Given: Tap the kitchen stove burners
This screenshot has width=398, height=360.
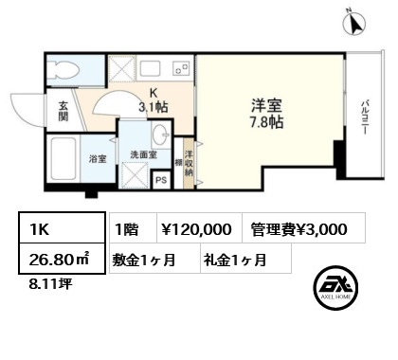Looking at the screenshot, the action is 181,68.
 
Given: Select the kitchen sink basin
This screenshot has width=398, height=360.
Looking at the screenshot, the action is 150,68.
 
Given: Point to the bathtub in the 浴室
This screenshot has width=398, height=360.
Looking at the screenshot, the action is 63,158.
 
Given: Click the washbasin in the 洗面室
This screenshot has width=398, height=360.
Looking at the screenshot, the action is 161,135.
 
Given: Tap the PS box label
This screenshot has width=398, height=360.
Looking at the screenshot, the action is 161,180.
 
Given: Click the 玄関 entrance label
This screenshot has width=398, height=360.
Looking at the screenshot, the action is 63,111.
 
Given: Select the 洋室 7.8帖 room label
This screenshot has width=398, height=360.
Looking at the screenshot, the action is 266,114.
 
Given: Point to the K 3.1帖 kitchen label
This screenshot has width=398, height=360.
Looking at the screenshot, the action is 154,100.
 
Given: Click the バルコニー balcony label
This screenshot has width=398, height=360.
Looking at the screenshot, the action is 366,117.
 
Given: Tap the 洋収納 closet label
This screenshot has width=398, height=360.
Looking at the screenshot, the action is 189,164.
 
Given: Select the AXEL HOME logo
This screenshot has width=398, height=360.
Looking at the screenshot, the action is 335,286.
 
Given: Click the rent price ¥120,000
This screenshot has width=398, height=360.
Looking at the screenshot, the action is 196,229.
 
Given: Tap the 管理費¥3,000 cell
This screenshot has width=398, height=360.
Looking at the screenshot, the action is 298,229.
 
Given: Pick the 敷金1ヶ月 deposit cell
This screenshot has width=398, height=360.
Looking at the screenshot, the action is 144,260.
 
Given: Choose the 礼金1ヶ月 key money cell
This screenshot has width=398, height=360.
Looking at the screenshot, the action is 235,260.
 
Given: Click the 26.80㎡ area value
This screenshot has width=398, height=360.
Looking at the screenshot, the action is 60,260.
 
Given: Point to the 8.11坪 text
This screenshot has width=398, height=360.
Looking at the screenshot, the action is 50,284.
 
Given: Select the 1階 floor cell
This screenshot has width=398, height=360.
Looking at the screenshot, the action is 127,229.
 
